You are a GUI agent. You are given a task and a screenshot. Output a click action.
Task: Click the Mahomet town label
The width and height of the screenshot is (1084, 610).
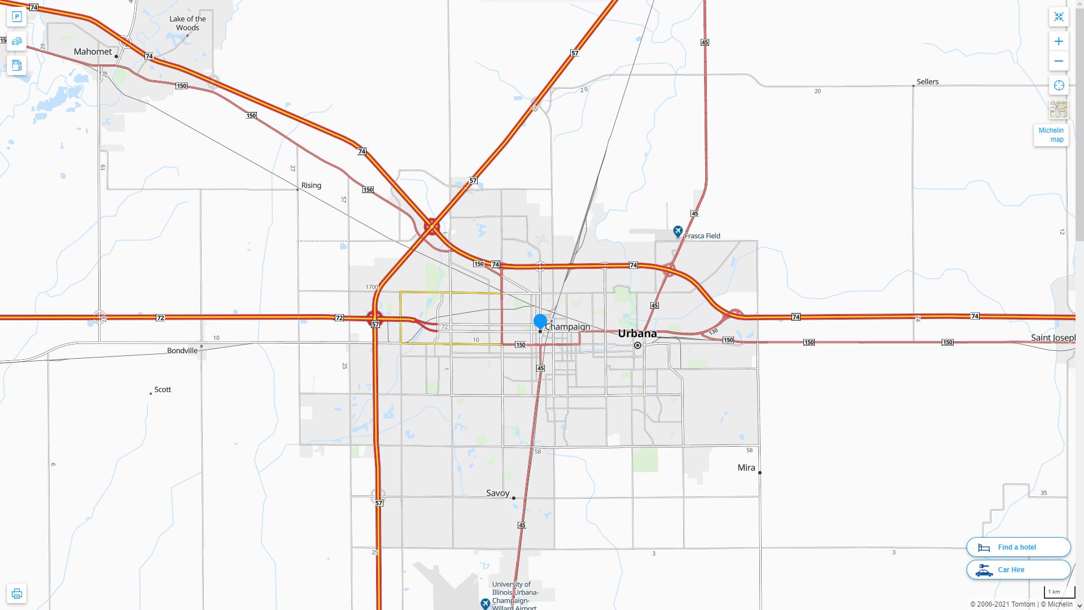(93, 51)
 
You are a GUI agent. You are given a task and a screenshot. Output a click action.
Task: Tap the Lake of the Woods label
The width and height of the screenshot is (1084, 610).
(187, 23)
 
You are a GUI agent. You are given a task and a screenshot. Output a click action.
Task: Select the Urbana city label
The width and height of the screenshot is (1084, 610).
(637, 333)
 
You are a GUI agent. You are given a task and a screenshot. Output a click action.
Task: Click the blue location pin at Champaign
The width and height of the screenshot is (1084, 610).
(540, 321)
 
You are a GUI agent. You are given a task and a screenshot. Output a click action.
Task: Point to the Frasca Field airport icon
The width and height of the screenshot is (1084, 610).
(677, 232)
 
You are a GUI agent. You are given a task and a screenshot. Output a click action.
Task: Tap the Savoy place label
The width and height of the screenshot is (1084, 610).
(497, 493)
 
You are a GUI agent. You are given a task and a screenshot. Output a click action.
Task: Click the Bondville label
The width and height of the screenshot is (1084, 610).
(182, 350)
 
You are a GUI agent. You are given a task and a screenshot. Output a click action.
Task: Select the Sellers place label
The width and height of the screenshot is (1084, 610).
(927, 82)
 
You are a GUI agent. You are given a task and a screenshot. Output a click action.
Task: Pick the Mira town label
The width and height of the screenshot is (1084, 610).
(746, 468)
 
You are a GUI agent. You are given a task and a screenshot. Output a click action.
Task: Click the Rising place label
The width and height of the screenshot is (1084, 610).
(311, 185)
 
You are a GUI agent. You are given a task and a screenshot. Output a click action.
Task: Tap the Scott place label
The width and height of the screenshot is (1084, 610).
(163, 390)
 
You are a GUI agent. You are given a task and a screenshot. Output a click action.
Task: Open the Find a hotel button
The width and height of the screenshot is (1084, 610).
(1018, 547)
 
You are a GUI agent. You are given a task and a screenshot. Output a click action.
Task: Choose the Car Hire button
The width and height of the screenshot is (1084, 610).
(1018, 570)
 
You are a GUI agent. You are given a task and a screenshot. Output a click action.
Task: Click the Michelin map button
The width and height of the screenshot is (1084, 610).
(1051, 135)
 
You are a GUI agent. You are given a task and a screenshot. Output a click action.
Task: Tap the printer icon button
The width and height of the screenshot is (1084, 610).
(16, 594)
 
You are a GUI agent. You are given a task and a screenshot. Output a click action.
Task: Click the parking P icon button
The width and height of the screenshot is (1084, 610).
(16, 17)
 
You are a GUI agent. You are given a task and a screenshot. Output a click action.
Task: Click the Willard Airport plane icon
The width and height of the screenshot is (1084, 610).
(485, 604)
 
